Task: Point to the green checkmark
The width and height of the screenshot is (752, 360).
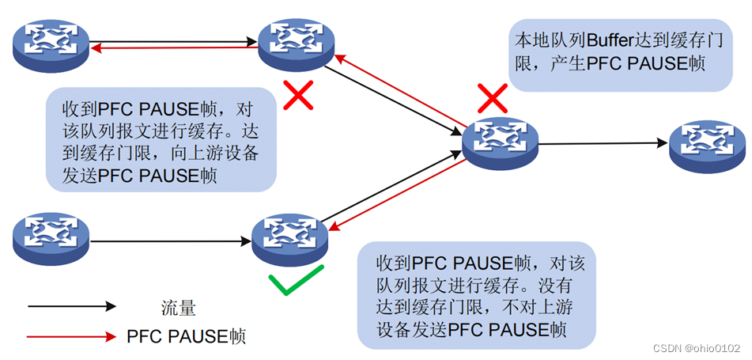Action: [x=294, y=282]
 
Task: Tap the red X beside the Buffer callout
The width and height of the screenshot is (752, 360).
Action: [x=492, y=99]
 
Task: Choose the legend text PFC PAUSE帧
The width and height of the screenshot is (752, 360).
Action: [x=187, y=336]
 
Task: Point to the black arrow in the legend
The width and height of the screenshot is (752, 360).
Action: [x=71, y=306]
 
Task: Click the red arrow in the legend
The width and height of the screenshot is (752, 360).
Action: [x=71, y=337]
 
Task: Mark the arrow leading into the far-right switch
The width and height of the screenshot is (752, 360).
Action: [x=601, y=144]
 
